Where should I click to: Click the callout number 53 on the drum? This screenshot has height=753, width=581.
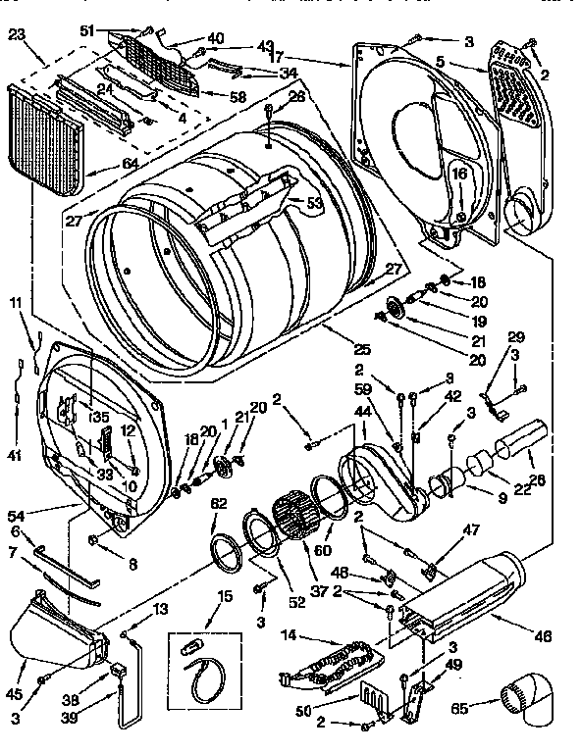(x=314, y=203)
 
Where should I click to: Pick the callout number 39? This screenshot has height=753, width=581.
(x=95, y=718)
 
